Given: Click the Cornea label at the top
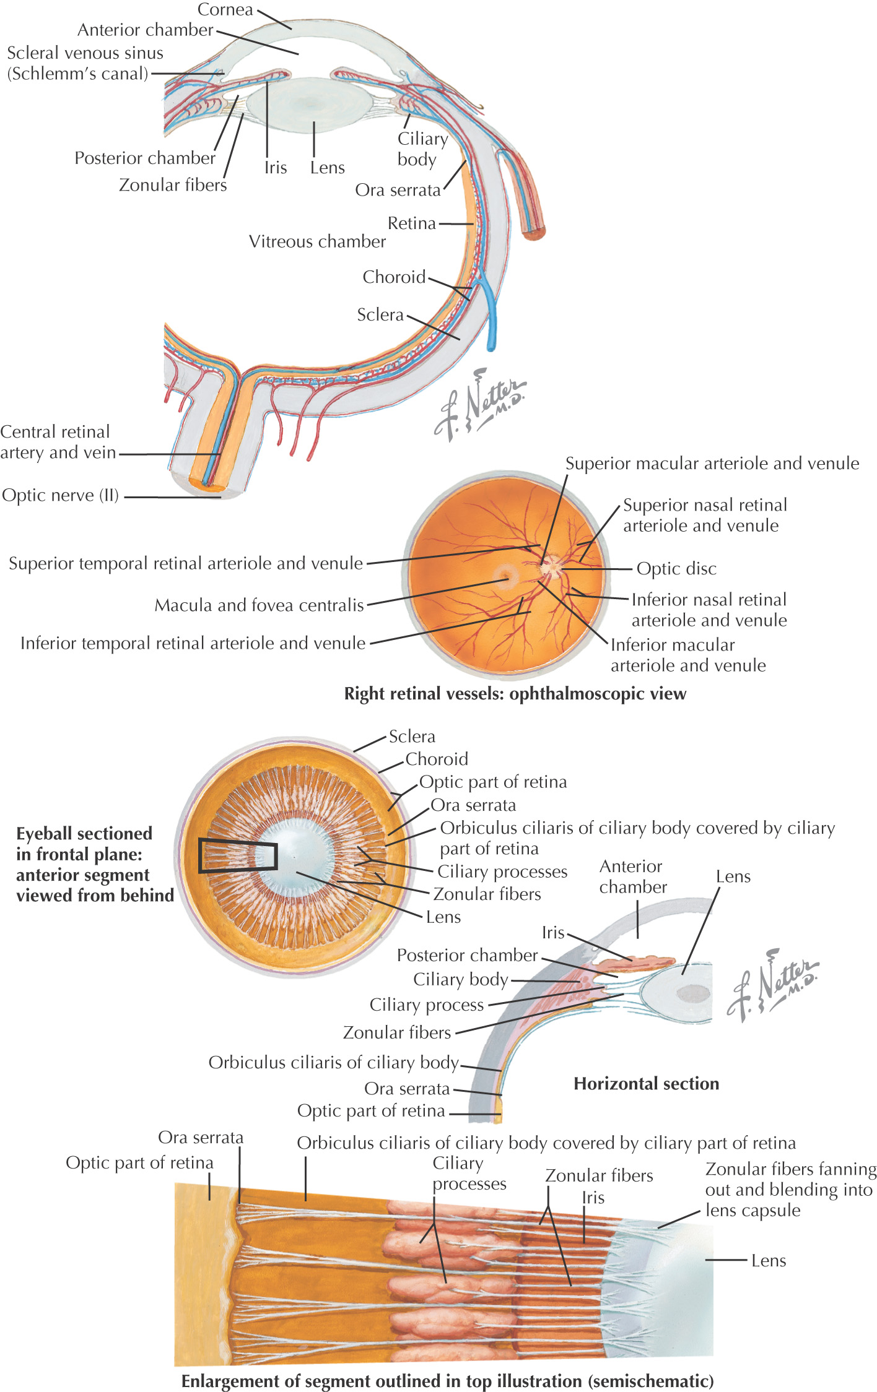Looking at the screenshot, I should click(225, 10).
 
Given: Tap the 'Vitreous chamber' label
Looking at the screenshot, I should click(317, 241).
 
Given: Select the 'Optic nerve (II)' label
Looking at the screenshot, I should click(60, 495).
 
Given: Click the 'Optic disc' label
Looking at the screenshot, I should click(676, 568).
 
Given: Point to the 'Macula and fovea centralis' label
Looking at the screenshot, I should click(259, 605).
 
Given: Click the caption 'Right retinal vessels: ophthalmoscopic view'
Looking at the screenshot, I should click(515, 693).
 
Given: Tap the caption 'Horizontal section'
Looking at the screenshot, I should click(646, 1083).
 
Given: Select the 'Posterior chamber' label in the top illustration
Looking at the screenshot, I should click(145, 158).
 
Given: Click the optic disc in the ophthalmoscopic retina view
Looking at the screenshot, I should click(551, 565).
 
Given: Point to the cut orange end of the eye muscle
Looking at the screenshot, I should click(534, 234).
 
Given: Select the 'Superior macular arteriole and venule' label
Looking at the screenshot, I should click(712, 464).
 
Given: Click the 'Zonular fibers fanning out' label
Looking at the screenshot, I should click(790, 1189).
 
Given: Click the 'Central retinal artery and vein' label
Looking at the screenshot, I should click(58, 442).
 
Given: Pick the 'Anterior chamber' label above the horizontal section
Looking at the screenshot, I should click(632, 876).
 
